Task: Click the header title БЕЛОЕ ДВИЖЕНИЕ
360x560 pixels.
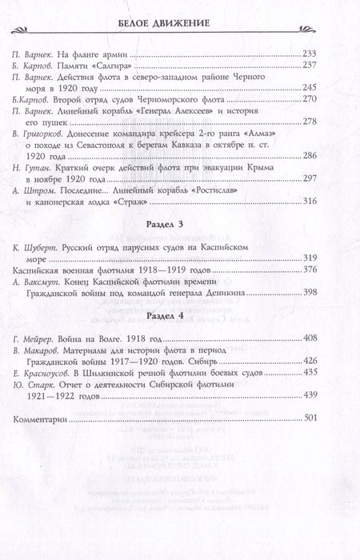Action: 180,20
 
